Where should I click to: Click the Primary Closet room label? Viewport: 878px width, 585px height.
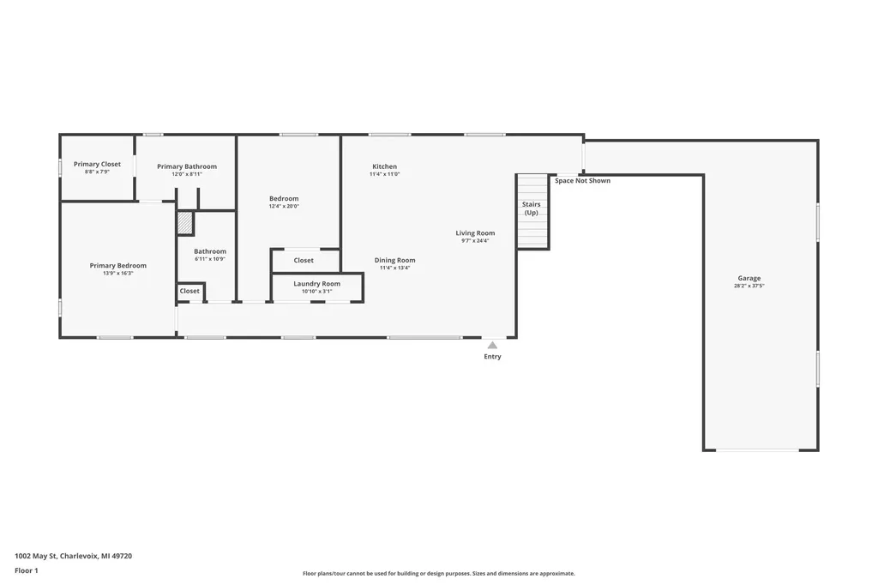(x=97, y=164)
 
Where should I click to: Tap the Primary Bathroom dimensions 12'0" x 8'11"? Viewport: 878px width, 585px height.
(x=186, y=174)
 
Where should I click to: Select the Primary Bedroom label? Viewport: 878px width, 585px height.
(x=118, y=266)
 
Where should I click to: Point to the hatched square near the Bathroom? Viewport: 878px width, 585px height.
(x=185, y=223)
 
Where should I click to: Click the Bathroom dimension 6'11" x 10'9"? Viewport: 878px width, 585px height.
(x=210, y=259)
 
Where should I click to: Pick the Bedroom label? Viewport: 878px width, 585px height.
(x=284, y=198)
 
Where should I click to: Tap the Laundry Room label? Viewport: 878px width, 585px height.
(x=317, y=284)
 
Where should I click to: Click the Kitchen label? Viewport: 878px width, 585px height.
(x=385, y=166)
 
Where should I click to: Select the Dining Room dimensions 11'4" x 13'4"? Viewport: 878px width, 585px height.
(x=394, y=268)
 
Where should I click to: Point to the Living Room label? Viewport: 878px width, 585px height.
(x=475, y=233)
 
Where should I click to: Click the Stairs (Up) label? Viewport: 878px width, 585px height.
(x=532, y=208)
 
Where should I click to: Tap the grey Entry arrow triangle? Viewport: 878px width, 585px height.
(x=492, y=345)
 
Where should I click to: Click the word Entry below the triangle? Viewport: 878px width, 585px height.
(x=493, y=356)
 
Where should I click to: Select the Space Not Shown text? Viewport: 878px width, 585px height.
(x=583, y=180)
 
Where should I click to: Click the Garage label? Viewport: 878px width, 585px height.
(x=749, y=278)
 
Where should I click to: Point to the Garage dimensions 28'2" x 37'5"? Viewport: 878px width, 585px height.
(x=749, y=286)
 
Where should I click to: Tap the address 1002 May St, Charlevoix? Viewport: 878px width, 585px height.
(x=57, y=556)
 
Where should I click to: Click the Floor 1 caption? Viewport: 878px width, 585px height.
(x=27, y=570)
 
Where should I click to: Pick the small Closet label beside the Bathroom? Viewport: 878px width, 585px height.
(x=189, y=291)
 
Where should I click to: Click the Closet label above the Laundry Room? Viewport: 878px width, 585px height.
(x=304, y=260)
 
